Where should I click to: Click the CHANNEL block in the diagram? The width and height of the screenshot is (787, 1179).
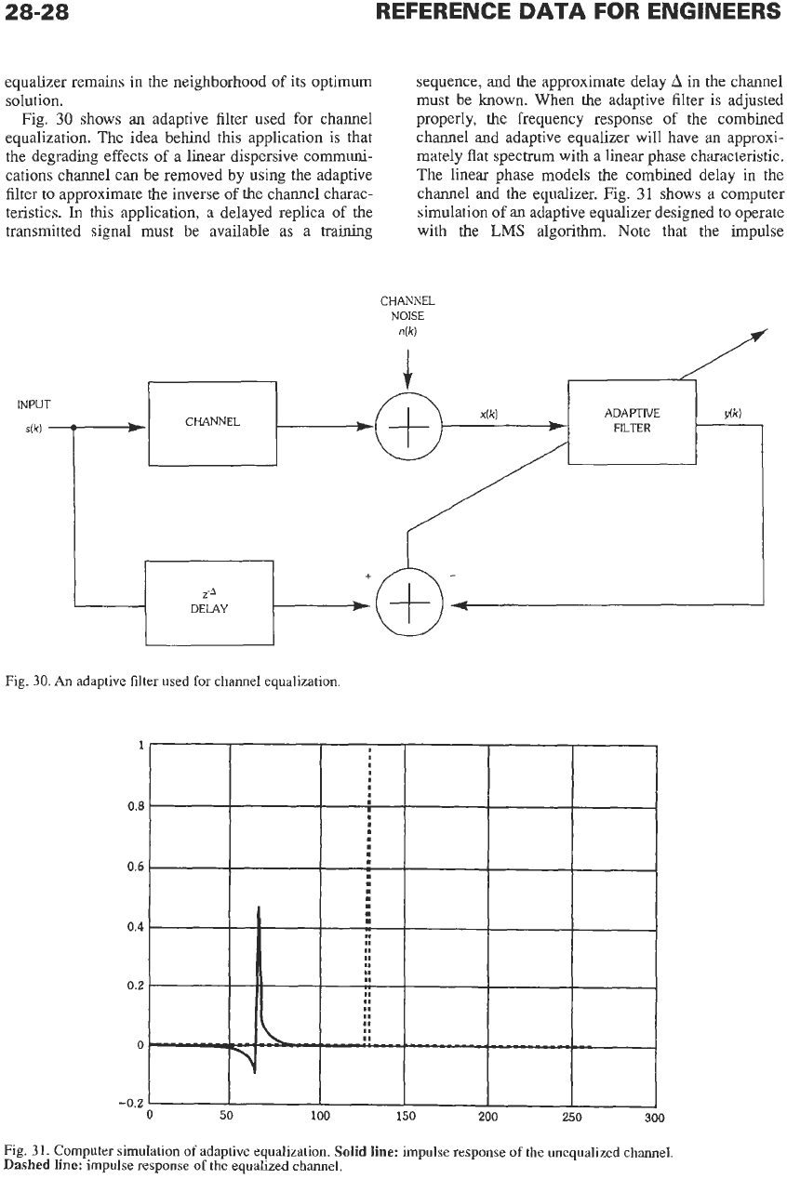click(213, 424)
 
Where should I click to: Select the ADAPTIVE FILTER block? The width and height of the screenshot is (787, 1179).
click(632, 422)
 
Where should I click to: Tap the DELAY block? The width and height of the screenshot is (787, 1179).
click(209, 603)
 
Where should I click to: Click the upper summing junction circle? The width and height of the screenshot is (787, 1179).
click(408, 426)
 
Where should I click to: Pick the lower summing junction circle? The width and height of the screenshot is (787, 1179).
click(409, 603)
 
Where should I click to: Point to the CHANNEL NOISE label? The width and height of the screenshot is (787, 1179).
click(407, 309)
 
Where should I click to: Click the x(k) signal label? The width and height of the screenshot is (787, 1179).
click(489, 414)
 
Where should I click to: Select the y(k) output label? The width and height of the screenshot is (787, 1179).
click(733, 413)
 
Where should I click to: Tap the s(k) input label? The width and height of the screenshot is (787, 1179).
click(33, 429)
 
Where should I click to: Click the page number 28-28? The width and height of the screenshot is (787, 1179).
click(36, 11)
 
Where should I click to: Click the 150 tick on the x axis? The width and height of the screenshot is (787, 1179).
click(406, 1117)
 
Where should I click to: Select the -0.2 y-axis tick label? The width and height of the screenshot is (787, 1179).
click(134, 1104)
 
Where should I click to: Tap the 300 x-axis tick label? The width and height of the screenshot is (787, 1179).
click(654, 1118)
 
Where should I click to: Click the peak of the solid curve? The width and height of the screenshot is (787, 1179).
click(259, 907)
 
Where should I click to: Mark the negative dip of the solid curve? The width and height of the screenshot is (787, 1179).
click(255, 1072)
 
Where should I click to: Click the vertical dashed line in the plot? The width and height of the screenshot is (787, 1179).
click(368, 896)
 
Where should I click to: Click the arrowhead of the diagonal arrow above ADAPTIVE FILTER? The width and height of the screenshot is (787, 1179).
click(761, 333)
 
